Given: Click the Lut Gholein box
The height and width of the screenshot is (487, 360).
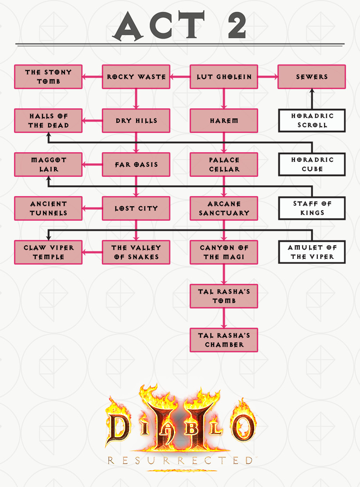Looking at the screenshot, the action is click(224, 77).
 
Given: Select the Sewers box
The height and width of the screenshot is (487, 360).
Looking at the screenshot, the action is click(312, 77).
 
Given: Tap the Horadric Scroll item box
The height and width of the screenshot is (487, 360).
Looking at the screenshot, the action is click(312, 121).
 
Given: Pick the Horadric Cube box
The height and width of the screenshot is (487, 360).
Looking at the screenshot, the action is click(312, 164).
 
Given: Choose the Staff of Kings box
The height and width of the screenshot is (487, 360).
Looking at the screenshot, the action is click(312, 208).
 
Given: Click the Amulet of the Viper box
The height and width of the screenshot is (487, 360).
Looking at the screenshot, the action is click(312, 252).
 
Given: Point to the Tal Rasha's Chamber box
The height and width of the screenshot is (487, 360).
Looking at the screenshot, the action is click(224, 340).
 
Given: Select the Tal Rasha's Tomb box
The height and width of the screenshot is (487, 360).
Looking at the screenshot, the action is click(224, 296).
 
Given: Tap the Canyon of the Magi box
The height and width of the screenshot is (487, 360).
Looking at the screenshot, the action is click(224, 252).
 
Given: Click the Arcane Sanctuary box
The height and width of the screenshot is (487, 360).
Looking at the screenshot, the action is click(224, 208).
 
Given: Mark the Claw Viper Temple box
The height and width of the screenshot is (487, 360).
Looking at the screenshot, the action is click(48, 252).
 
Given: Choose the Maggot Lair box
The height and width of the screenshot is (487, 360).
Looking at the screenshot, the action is click(48, 165).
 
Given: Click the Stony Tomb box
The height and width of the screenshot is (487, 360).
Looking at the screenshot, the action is click(48, 77).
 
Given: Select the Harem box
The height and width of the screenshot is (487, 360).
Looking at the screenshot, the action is click(224, 121).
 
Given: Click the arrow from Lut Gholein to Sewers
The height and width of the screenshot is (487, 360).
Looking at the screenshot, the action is click(268, 77).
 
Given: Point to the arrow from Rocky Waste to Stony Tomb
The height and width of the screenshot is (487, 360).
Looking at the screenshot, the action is click(92, 77).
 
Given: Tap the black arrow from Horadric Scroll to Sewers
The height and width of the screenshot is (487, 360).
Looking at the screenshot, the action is click(312, 99).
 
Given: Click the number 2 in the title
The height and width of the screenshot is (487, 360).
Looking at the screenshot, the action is click(237, 25).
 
